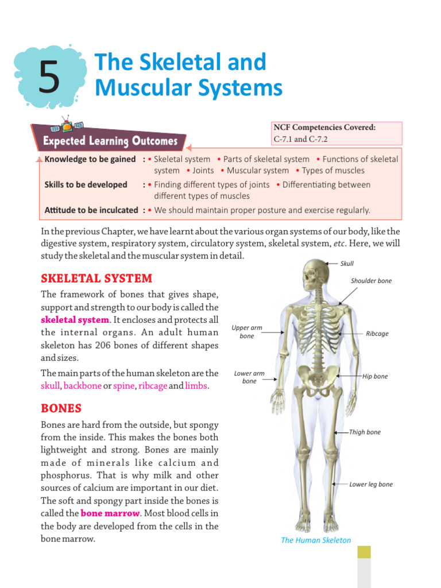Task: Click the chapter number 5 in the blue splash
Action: coord(50,79)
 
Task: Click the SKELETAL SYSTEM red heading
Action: coord(96,278)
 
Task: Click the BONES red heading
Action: coord(61,408)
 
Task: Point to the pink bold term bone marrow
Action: coord(110,513)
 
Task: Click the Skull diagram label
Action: coord(347,264)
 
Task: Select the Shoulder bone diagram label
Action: coord(371,281)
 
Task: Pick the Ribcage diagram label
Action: coord(377,334)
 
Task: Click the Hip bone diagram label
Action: coord(375,377)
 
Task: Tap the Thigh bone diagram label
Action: coord(365,432)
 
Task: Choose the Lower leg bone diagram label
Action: coord(371,485)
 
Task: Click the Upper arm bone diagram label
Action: coord(247,332)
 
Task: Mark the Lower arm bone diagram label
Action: coord(249,377)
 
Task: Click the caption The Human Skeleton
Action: coord(316,540)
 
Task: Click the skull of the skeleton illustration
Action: coord(315,274)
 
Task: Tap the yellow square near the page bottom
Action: coord(364,552)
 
